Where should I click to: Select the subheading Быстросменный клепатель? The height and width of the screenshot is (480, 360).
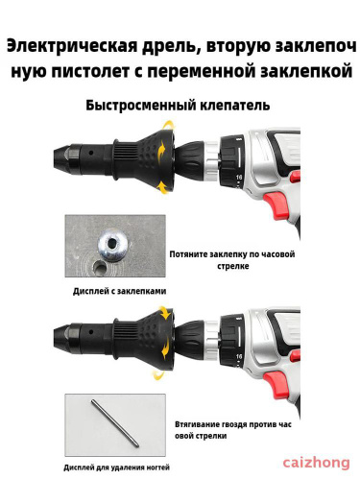pyautogui.click(x=178, y=106)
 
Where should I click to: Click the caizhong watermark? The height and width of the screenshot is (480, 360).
pyautogui.click(x=316, y=463)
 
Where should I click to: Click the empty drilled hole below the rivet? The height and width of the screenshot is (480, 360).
pyautogui.click(x=100, y=268)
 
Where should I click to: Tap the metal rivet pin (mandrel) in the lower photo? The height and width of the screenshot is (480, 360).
pyautogui.click(x=115, y=423)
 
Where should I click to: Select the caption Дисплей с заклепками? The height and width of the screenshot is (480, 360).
pyautogui.click(x=119, y=291)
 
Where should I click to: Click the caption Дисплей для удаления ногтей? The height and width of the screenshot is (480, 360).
pyautogui.click(x=116, y=468)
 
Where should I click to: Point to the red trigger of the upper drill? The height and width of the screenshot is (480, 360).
pyautogui.click(x=273, y=204)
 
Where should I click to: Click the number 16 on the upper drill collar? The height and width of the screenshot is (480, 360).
pyautogui.click(x=239, y=177)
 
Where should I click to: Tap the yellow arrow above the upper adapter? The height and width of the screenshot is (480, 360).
pyautogui.click(x=169, y=125)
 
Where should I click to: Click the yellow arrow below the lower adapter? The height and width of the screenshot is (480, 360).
pyautogui.click(x=159, y=373)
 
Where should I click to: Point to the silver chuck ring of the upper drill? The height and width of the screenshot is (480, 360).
pyautogui.click(x=211, y=159)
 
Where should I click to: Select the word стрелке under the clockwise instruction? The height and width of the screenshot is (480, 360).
pyautogui.click(x=233, y=266)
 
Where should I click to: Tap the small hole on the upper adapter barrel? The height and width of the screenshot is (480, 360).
pyautogui.click(x=91, y=153)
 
